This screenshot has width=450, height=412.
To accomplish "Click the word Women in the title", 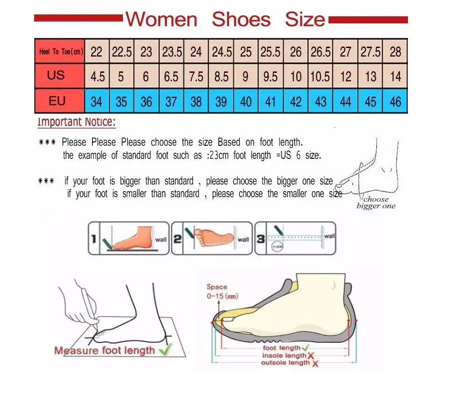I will pyautogui.click(x=162, y=20).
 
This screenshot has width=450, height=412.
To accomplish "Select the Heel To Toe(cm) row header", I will pyautogui.click(x=61, y=52).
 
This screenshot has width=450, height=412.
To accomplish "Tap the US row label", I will pyautogui.click(x=56, y=75).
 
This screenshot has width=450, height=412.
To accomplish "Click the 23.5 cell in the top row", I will pyautogui.click(x=172, y=52).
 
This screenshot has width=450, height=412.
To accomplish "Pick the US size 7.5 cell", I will pyautogui.click(x=196, y=76).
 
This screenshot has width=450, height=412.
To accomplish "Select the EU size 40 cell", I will pyautogui.click(x=246, y=101).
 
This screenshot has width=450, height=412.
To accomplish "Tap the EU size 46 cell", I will pyautogui.click(x=395, y=101).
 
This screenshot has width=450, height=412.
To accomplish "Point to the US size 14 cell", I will pyautogui.click(x=395, y=76).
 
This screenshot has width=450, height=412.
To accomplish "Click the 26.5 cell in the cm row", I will pyautogui.click(x=321, y=52).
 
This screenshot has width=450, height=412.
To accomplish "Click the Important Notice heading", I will pyautogui.click(x=76, y=122).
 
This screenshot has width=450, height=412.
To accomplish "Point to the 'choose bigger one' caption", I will pyautogui.click(x=376, y=203).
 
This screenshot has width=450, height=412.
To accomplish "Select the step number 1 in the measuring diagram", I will pyautogui.click(x=93, y=239).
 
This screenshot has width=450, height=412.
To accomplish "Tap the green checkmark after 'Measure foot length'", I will pyautogui.click(x=165, y=348).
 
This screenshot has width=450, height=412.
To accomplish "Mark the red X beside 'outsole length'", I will pyautogui.click(x=315, y=363).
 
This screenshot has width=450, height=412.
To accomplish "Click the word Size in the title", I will pyautogui.click(x=305, y=20).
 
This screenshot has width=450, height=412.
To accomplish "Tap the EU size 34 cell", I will pyautogui.click(x=96, y=101).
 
